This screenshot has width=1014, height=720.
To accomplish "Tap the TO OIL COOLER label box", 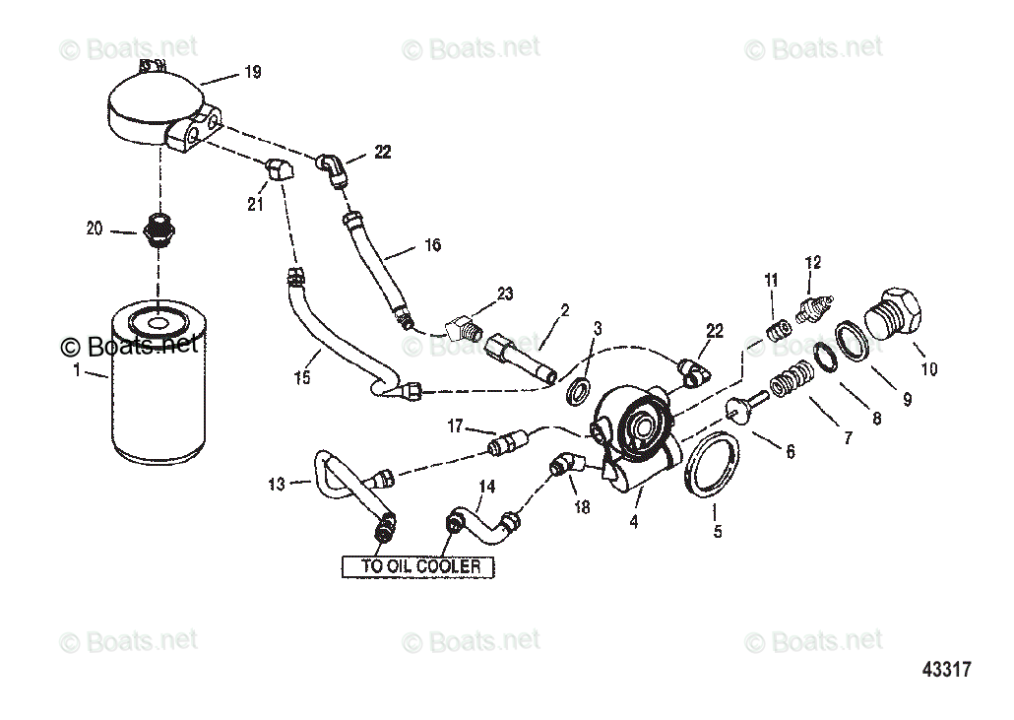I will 418,566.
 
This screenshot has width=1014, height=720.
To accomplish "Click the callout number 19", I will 253,72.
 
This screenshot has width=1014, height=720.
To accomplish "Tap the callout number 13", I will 276,484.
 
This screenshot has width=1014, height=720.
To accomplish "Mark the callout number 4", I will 634,523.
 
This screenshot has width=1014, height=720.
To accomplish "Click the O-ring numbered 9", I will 852,340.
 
